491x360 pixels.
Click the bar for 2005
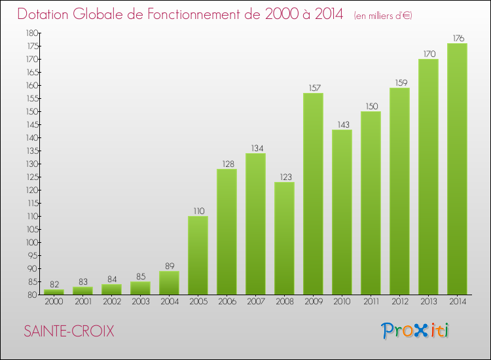click(198, 255)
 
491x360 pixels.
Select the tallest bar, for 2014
click(457, 169)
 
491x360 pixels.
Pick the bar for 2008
click(284, 238)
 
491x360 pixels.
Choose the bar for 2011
click(371, 203)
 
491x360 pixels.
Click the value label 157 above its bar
click(313, 88)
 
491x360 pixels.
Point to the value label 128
click(227, 164)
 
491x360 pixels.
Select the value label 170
click(428, 54)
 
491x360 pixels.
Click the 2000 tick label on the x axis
click(54, 302)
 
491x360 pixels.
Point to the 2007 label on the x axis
click(255, 302)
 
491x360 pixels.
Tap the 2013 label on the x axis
click(428, 302)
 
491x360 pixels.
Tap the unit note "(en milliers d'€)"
click(382, 15)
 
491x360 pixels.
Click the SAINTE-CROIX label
click(69, 332)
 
